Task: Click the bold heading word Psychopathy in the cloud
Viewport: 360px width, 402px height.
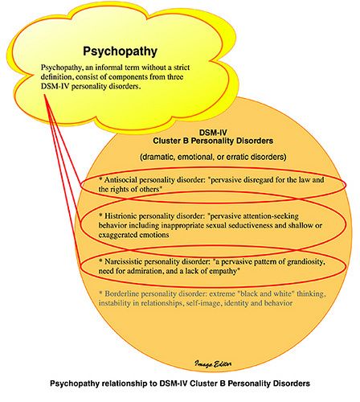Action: point(120,51)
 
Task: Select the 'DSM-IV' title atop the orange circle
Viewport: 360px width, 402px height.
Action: point(213,133)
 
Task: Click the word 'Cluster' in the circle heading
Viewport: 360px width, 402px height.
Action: point(167,141)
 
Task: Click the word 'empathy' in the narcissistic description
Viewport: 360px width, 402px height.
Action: point(223,271)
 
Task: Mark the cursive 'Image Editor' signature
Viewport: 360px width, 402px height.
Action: point(213,363)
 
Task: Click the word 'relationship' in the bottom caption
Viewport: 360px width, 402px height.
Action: point(125,384)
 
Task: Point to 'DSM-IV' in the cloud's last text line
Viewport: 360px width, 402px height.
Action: point(55,86)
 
